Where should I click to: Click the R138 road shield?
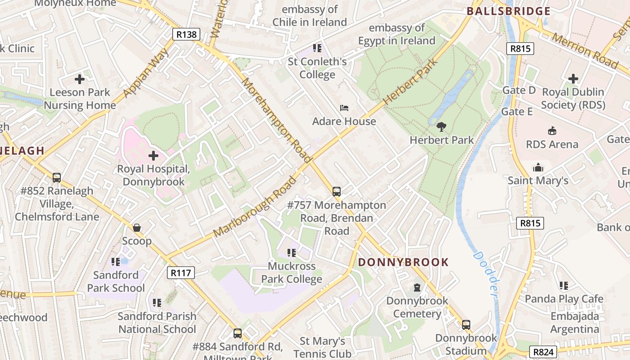click(186, 35)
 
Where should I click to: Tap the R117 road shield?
click(181, 272)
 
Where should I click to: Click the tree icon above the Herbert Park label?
click(441, 127)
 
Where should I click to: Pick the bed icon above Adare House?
click(344, 108)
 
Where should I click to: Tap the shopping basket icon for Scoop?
click(137, 228)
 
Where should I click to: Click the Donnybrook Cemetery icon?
click(417, 287)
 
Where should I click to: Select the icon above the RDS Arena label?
click(552, 131)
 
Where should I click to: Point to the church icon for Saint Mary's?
click(538, 168)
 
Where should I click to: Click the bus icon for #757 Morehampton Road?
click(337, 192)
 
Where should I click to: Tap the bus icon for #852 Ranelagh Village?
click(57, 178)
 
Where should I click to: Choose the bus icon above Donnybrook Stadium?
click(466, 324)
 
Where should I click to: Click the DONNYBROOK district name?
click(403, 262)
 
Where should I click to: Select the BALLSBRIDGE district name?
click(508, 11)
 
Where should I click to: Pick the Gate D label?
click(519, 90)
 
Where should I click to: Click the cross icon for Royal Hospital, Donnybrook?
click(153, 156)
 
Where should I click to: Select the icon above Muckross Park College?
click(292, 253)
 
